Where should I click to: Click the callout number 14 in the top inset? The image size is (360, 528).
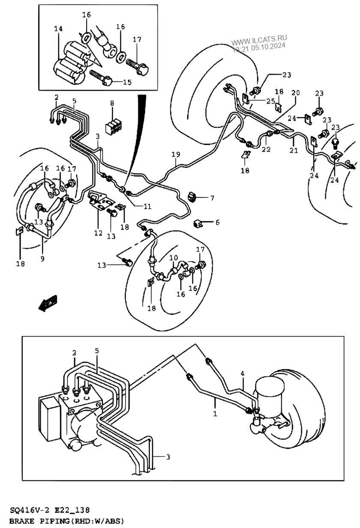pos(58,29)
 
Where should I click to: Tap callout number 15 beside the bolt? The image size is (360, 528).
pos(127,82)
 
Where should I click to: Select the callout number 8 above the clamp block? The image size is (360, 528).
pos(112,103)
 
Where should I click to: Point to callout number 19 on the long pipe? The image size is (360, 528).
pos(176,154)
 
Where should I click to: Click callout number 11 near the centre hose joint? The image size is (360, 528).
pos(147,206)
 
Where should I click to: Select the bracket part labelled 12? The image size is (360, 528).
pos(101,199)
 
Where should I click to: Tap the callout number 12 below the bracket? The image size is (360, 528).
pos(99,233)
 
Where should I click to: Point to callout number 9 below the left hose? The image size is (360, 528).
pos(42,259)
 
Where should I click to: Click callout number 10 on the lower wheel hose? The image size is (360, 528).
pos(174,258)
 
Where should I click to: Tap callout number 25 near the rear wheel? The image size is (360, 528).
pos(271,101)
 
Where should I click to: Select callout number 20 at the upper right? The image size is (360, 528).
pos(296,93)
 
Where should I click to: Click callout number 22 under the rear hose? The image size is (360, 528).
pos(266,149)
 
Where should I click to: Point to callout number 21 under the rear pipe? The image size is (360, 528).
pos(294,150)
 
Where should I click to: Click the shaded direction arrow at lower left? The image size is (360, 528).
pos(48,303)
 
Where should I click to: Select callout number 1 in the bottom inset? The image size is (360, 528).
pos(215,413)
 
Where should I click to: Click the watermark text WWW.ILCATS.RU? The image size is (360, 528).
pos(259,40)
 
